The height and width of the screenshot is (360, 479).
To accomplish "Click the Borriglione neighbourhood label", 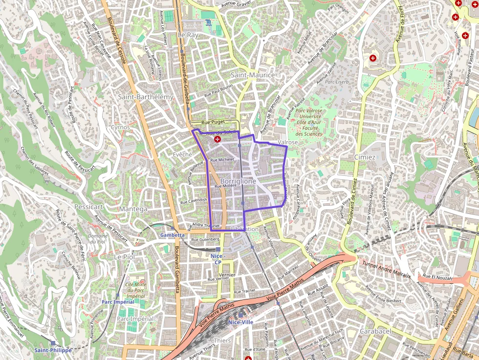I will tap(239, 181).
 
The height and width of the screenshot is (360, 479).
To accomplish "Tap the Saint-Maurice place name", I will tap(253, 75).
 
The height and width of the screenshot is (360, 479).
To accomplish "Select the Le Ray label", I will tap(188, 35).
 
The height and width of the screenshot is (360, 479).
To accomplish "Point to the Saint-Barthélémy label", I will tap(146, 97).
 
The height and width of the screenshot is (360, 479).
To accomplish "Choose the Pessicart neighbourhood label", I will tap(88, 207).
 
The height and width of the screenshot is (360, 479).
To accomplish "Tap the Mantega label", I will tap(133, 209).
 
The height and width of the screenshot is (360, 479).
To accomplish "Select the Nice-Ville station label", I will tap(240, 322).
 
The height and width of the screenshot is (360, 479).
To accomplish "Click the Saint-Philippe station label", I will tap(53, 350).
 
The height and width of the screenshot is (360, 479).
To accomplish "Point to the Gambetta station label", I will tap(173, 235).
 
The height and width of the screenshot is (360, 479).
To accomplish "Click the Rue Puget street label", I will tap(212, 122).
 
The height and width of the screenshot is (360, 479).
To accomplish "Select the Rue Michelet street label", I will tap(222, 160).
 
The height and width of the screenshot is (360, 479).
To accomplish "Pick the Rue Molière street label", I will tap(225, 186).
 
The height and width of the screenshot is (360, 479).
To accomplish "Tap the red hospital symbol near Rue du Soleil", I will tap(218, 140).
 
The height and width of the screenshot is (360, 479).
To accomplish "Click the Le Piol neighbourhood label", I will tap(124, 256).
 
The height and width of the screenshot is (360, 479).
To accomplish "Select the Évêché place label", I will tap(182, 154).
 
